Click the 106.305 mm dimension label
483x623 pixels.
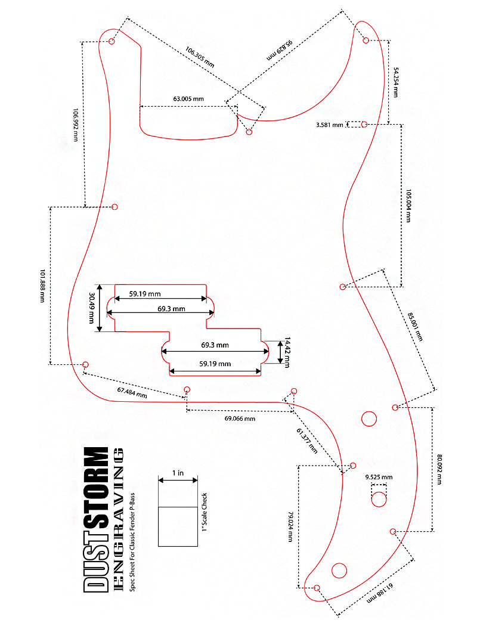(200, 57)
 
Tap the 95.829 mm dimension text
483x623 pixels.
(280, 49)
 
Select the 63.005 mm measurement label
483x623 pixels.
(188, 98)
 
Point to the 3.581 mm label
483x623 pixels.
(330, 125)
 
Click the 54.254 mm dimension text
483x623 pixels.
(395, 82)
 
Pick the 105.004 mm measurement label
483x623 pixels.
(408, 206)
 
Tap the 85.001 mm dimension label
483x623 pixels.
(415, 327)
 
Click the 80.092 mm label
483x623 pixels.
(439, 469)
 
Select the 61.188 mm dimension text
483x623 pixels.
(380, 594)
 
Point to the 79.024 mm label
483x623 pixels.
(290, 526)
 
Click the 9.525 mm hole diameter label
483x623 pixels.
(379, 477)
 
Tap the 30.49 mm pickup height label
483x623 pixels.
(92, 308)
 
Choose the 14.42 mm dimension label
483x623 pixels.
(287, 352)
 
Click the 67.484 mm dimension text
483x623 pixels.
(132, 392)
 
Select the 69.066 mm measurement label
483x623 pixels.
(240, 419)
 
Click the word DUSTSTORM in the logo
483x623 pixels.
(96, 520)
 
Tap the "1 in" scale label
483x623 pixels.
(178, 473)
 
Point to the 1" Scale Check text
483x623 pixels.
(205, 512)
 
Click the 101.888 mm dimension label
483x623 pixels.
(42, 286)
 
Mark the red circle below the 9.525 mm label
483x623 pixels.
(379, 500)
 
